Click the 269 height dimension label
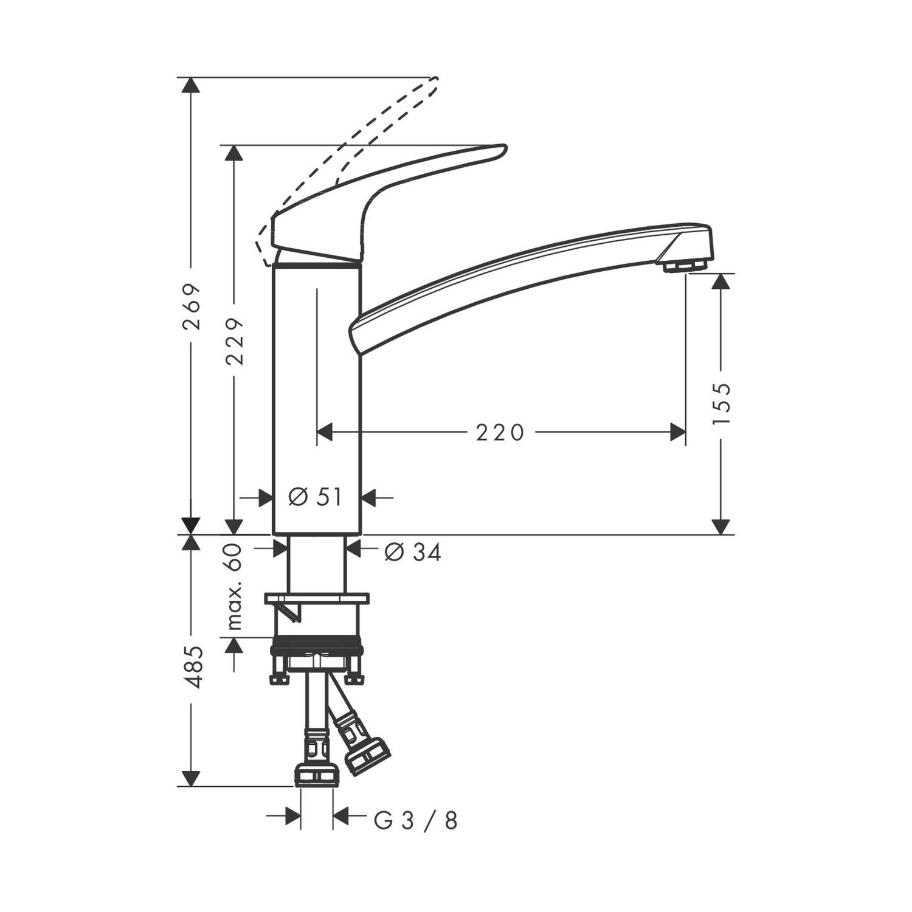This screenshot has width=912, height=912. (x=192, y=306)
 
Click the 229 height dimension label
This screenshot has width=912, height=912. (x=234, y=341)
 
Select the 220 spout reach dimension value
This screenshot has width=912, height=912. (x=500, y=433)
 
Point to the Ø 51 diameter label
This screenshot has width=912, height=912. (x=315, y=497)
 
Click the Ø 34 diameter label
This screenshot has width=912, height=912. (x=413, y=552)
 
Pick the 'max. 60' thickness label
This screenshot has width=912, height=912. (x=234, y=587)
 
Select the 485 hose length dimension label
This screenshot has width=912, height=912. (x=192, y=667)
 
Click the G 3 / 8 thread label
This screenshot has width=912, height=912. (x=415, y=821)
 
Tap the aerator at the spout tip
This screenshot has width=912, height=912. (x=686, y=266)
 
